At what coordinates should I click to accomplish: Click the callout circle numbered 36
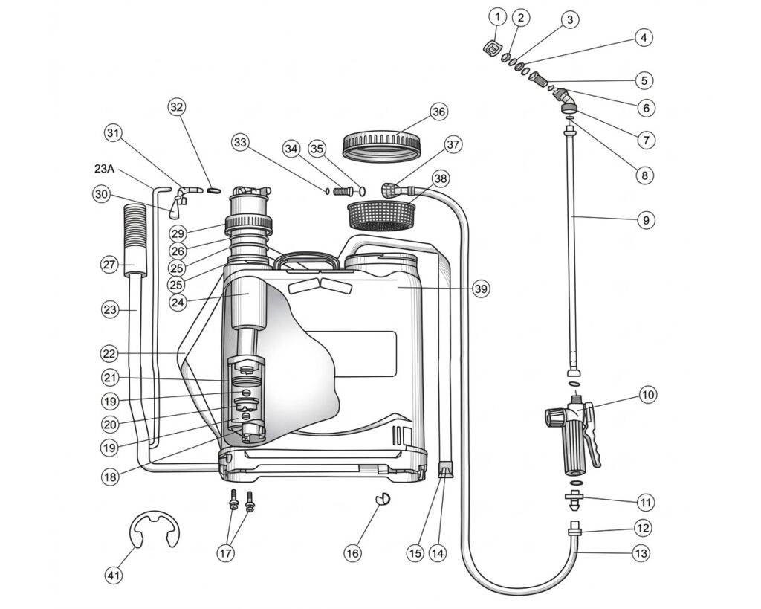click(438, 112)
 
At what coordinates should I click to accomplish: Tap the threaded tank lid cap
click(381, 145)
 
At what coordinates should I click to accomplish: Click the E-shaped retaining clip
click(155, 529)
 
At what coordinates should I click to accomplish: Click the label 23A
click(104, 169)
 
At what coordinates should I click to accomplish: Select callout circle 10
click(648, 395)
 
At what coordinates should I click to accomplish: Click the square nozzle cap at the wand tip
click(493, 48)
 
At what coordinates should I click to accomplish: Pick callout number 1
click(497, 18)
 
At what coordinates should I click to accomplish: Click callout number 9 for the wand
click(646, 221)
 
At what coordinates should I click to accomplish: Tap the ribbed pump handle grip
click(135, 239)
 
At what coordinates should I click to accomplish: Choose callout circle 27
click(110, 265)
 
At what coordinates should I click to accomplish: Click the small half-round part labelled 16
click(383, 499)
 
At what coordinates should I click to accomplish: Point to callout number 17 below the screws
click(226, 552)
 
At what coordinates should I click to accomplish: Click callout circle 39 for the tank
click(481, 289)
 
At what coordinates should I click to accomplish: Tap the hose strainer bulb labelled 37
click(391, 190)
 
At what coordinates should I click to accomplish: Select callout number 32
click(177, 107)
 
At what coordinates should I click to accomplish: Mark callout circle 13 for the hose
click(641, 553)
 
